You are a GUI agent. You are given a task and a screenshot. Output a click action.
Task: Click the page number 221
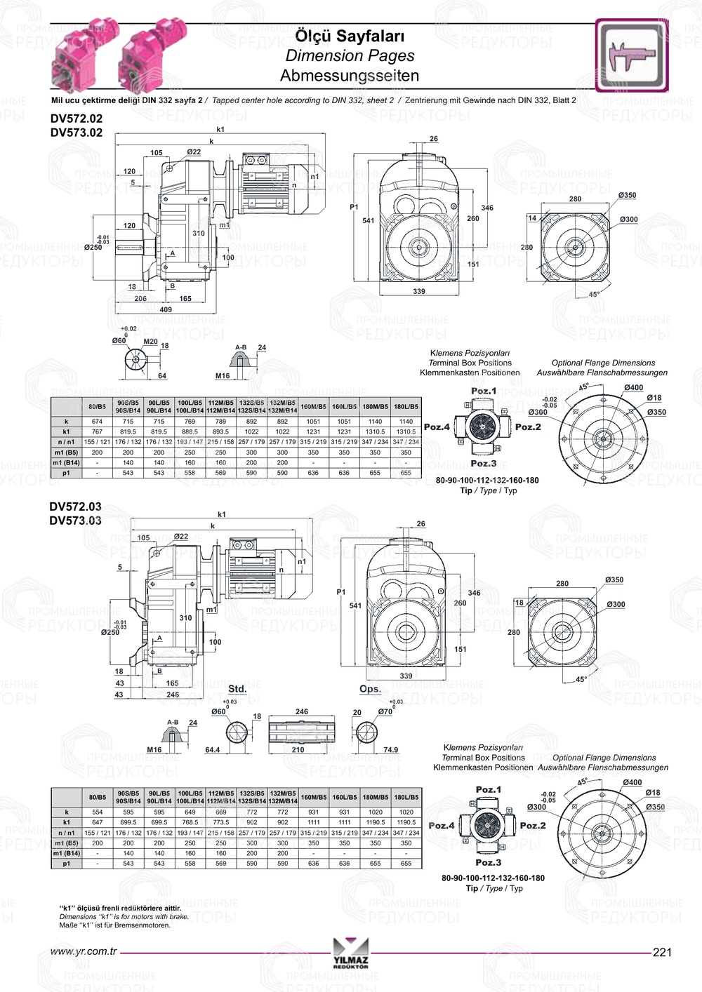(x=662, y=952)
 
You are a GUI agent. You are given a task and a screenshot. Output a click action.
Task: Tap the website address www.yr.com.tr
(x=84, y=952)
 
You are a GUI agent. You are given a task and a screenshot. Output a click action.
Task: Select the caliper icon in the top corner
(x=632, y=55)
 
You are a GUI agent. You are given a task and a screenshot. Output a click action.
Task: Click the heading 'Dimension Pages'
(x=350, y=56)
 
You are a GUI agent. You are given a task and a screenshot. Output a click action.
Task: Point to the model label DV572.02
(x=76, y=119)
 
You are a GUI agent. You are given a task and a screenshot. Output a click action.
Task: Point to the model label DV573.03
(x=75, y=521)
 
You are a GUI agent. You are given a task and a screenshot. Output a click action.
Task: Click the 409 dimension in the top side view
(x=166, y=309)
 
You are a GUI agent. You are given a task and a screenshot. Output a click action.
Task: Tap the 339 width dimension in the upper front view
(x=419, y=291)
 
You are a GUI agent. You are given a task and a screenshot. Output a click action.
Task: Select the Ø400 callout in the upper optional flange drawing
(x=633, y=387)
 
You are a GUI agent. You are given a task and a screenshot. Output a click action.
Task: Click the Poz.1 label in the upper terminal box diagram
(x=484, y=391)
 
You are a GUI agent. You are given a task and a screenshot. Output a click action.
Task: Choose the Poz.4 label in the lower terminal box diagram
(x=442, y=826)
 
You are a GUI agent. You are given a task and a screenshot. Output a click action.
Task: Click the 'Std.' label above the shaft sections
(x=237, y=689)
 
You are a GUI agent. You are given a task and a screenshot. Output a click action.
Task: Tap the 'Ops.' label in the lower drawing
(x=370, y=689)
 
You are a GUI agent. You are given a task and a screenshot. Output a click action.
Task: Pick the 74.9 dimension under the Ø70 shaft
(x=390, y=750)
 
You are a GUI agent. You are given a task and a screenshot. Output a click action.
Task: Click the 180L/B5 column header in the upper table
(x=406, y=406)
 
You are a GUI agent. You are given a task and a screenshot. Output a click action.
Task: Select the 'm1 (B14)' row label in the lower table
(x=67, y=853)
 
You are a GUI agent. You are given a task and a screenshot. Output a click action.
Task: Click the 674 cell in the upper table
(x=97, y=422)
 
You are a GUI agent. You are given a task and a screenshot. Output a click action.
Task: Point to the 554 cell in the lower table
(x=98, y=812)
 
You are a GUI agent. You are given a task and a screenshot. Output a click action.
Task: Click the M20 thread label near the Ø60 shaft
(x=150, y=342)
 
